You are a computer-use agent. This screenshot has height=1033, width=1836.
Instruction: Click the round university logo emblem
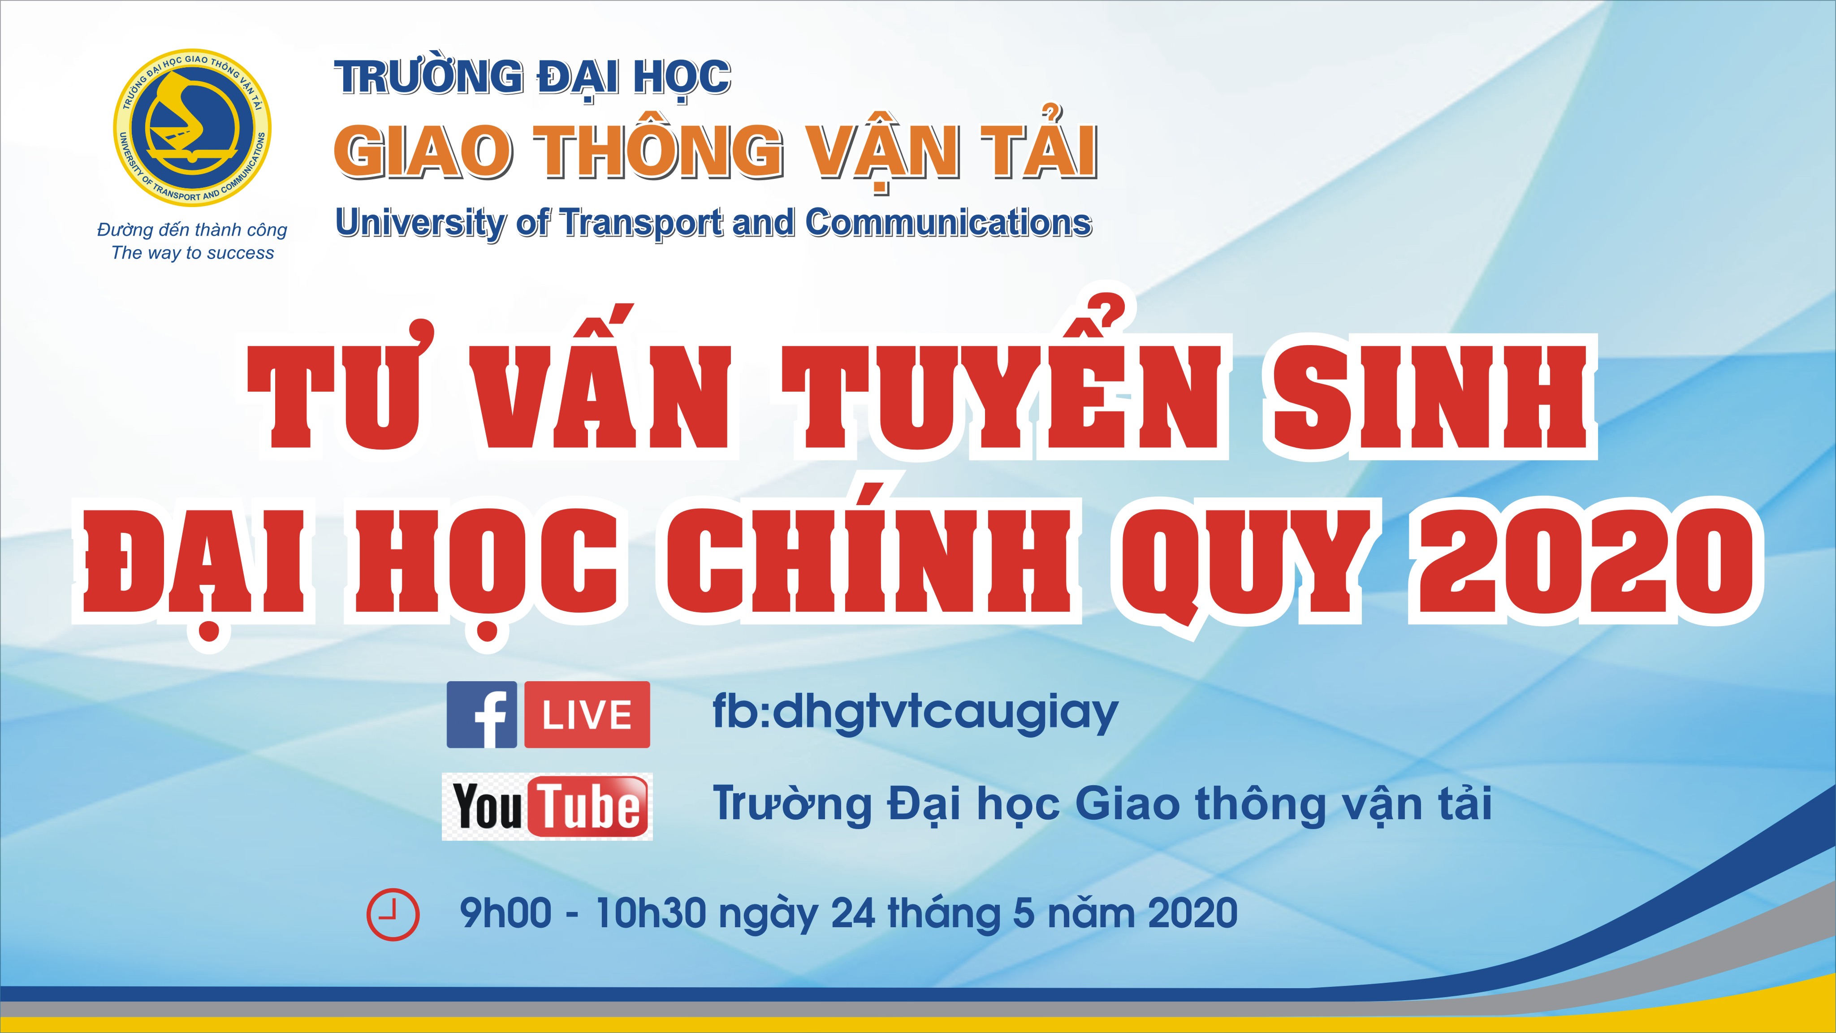coord(192,128)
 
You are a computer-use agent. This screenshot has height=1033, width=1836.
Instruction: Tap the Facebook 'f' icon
coord(482,714)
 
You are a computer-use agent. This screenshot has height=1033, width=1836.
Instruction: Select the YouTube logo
coord(547,806)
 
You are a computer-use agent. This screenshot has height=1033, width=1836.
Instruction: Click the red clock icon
coord(393,914)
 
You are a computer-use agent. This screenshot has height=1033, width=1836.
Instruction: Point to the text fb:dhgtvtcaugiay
coord(915,713)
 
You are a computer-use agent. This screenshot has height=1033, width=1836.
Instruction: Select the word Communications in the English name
coord(948,222)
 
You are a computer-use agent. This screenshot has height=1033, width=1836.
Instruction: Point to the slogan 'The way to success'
coord(192,253)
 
